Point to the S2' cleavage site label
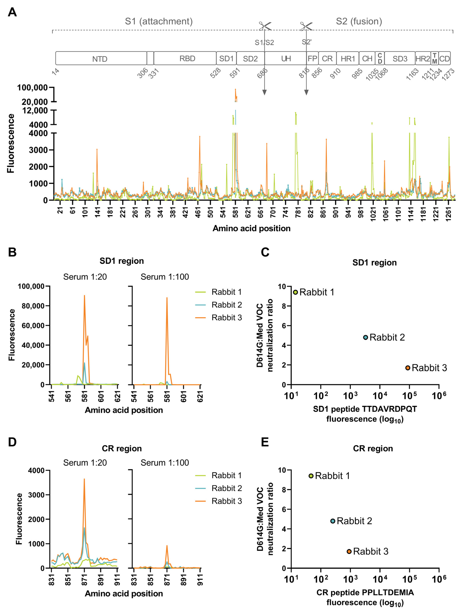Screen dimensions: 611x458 [306, 42]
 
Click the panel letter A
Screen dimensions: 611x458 [12, 12]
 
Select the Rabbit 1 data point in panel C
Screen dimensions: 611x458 [295, 292]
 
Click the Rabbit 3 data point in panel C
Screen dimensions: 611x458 [407, 368]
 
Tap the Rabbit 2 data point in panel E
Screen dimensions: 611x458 [333, 521]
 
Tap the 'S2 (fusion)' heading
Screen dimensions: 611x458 [359, 21]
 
